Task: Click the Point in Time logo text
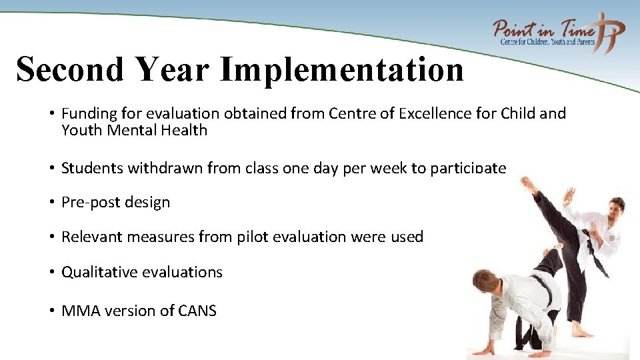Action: point(543,30)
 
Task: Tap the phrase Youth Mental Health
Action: point(134,130)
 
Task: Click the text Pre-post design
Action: point(115,202)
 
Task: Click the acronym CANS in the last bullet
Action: point(197,310)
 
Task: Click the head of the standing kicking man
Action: point(615,206)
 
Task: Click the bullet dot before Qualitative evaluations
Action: point(51,272)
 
